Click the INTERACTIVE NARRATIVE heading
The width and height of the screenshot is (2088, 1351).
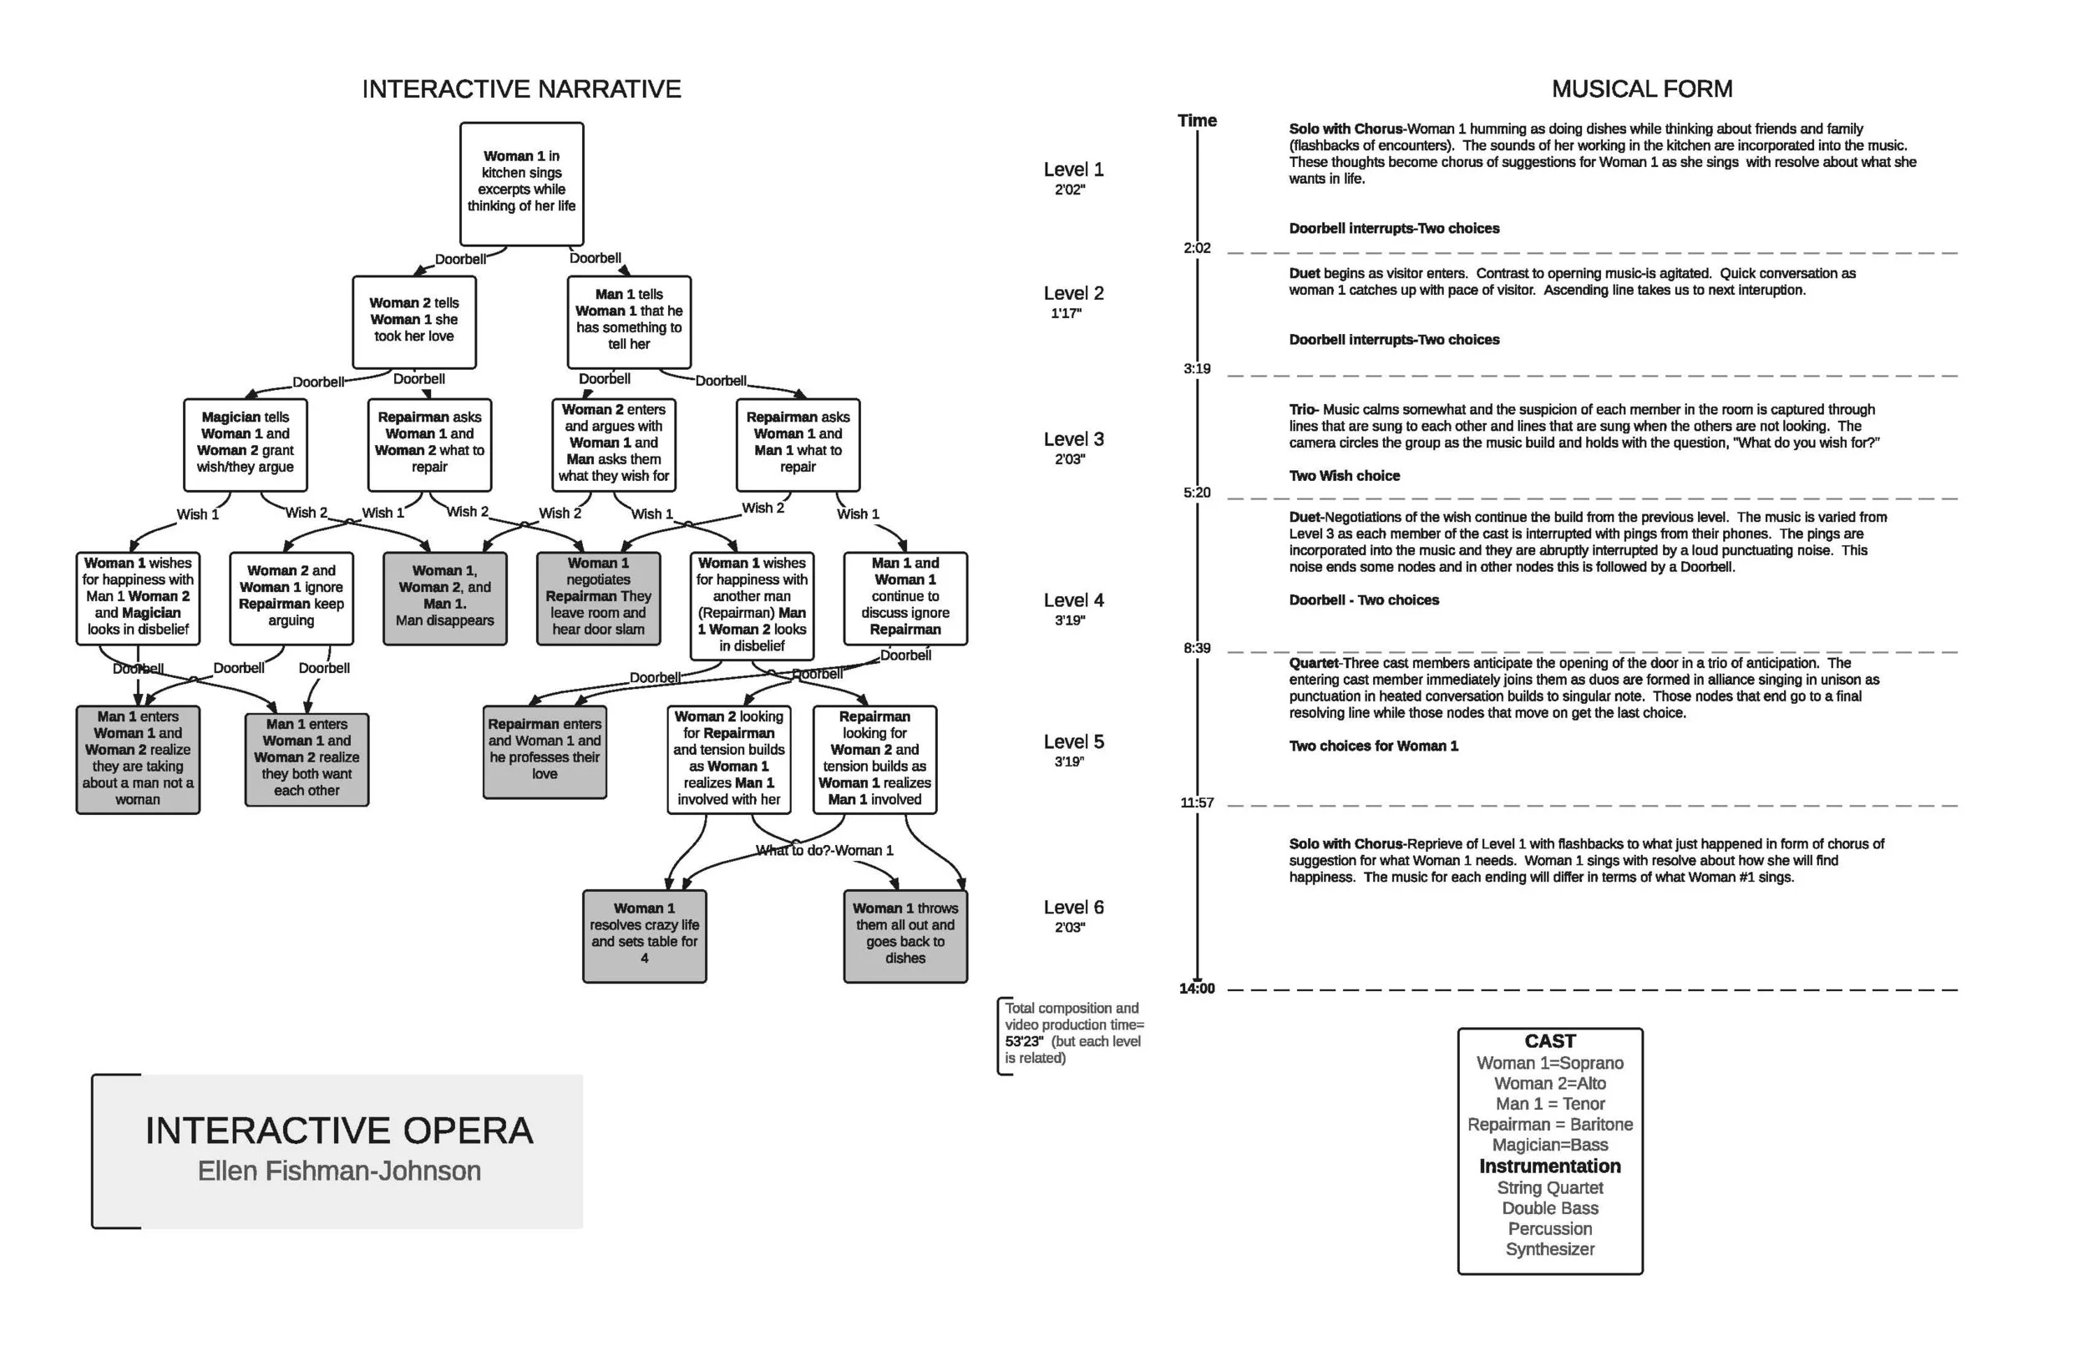click(x=521, y=89)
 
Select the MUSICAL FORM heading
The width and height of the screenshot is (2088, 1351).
click(x=1641, y=89)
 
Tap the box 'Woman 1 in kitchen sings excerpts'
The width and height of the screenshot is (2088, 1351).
click(x=521, y=184)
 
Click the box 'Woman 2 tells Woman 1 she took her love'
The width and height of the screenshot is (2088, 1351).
click(x=414, y=321)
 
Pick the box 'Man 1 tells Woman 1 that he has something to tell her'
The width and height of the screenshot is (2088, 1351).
click(x=629, y=321)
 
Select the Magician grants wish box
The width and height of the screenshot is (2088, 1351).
click(x=246, y=444)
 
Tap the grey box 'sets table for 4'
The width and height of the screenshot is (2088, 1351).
click(x=644, y=935)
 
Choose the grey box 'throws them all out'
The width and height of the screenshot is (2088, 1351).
click(x=905, y=935)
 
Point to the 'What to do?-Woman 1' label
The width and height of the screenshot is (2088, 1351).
click(x=824, y=850)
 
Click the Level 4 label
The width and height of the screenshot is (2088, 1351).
click(x=1073, y=601)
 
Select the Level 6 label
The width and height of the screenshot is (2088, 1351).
click(x=1073, y=908)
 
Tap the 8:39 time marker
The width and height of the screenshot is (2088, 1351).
click(x=1197, y=648)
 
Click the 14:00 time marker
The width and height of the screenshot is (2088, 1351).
click(x=1197, y=989)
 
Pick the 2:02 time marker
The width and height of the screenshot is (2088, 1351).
click(x=1197, y=248)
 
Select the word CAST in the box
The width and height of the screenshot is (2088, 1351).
click(x=1549, y=1041)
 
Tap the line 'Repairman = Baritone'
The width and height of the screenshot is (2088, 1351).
click(x=1549, y=1125)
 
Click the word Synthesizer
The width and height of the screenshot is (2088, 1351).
click(x=1549, y=1249)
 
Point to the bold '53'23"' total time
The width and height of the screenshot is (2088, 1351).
click(x=1024, y=1041)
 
